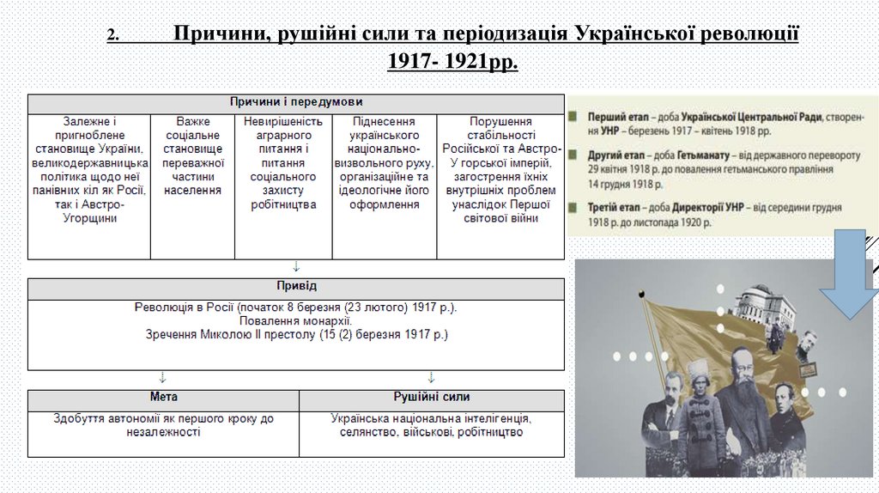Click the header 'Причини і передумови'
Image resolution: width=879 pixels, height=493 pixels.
(x=295, y=102)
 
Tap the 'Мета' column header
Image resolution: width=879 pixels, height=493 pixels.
(x=163, y=398)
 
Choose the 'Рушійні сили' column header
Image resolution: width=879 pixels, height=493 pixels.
(x=432, y=398)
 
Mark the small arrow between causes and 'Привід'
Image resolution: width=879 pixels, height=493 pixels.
(x=296, y=266)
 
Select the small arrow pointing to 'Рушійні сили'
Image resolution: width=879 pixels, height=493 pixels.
(x=431, y=377)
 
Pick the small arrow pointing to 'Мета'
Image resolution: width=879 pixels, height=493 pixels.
(x=162, y=377)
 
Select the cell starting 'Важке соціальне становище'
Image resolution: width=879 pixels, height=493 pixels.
(x=193, y=155)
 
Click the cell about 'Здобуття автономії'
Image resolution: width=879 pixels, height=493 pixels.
(x=163, y=426)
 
